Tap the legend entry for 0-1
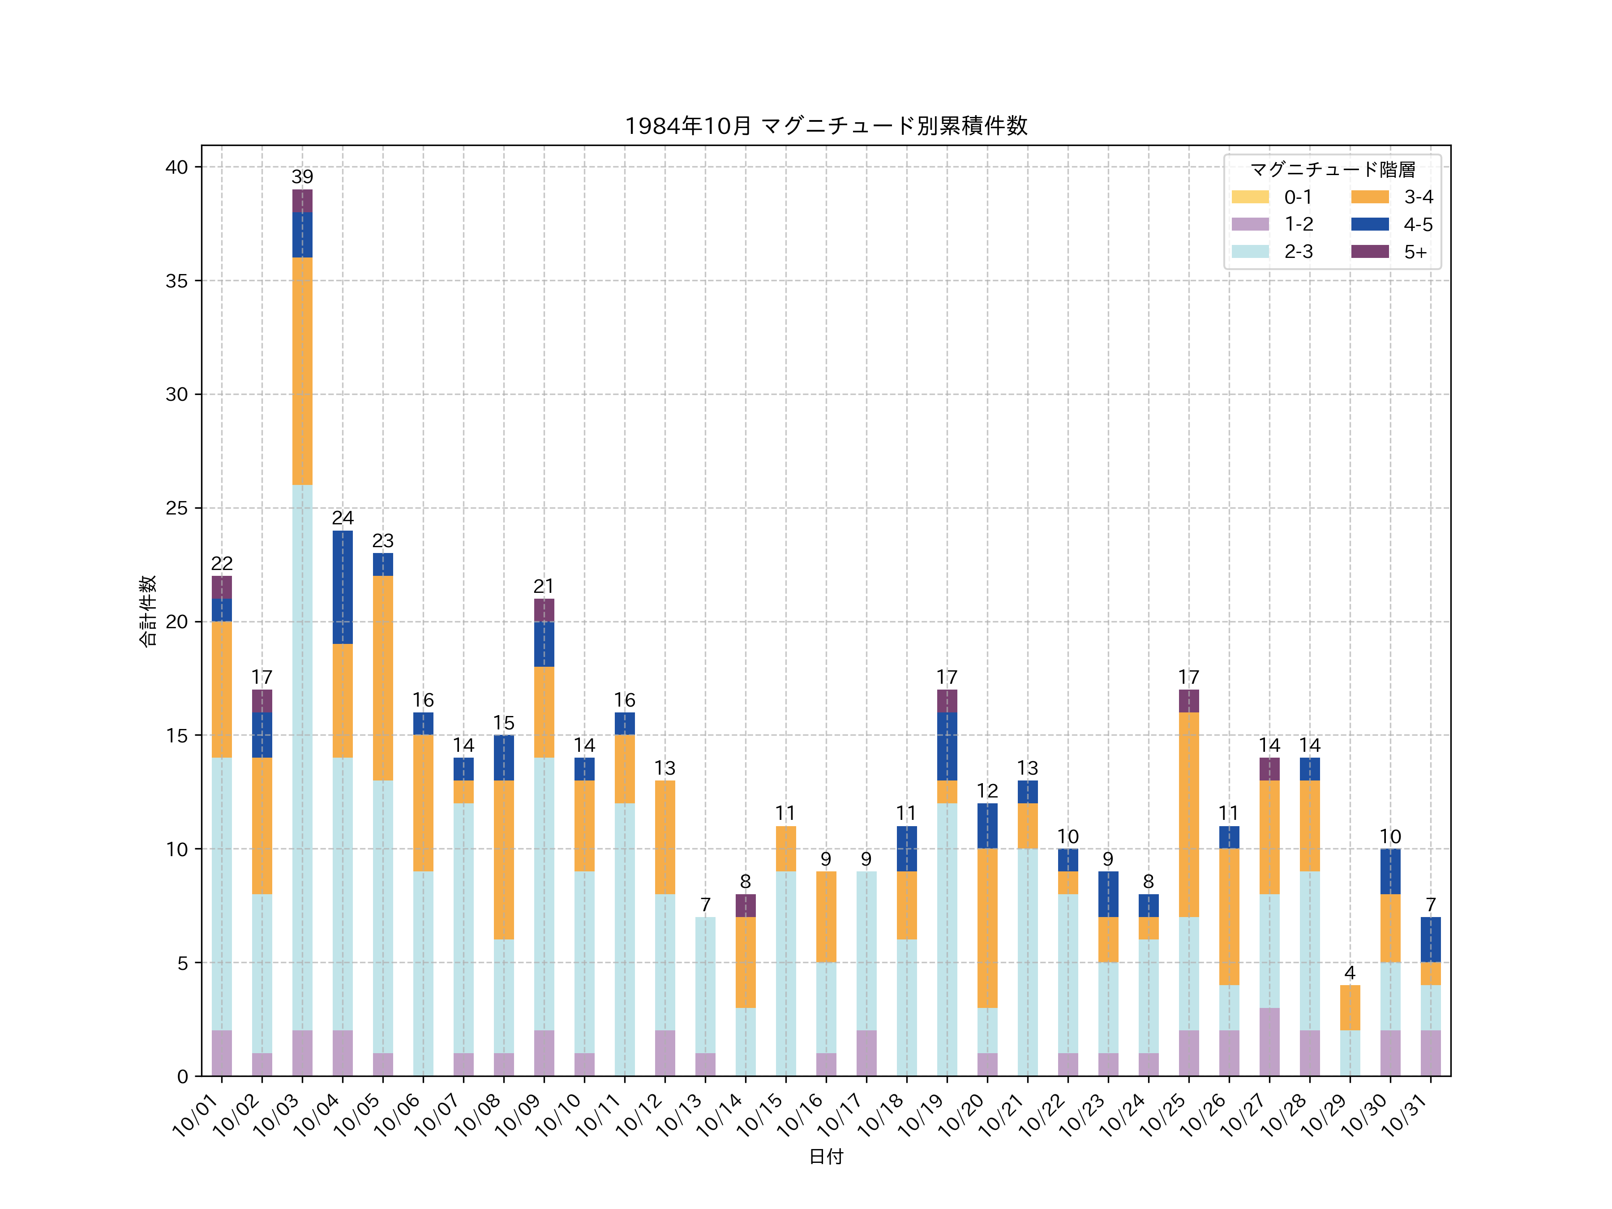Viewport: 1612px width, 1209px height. [1272, 197]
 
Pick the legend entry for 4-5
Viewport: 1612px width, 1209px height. [1391, 224]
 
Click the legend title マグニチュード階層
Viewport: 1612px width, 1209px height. [1332, 170]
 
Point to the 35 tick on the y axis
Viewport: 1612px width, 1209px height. [176, 281]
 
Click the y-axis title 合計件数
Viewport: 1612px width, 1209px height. [147, 611]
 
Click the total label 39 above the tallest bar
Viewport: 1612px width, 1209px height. [302, 177]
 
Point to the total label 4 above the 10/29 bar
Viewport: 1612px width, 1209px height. [1350, 973]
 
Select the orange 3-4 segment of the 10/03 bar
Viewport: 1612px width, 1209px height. [302, 371]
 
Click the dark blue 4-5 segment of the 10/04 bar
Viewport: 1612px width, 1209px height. [343, 587]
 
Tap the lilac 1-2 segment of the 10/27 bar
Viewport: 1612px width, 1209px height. [1269, 1042]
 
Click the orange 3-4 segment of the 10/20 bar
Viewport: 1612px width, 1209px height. [987, 928]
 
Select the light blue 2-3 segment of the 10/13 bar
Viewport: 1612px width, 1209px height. [705, 985]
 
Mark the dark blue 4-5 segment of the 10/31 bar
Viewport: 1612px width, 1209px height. [1431, 939]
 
